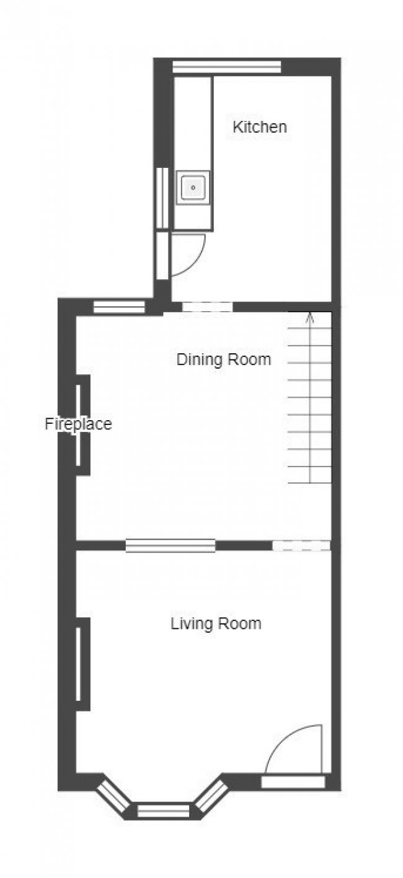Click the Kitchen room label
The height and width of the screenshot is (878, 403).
[x=260, y=127]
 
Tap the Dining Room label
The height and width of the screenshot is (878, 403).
[x=224, y=359]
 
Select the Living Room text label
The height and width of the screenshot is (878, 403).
[x=216, y=623]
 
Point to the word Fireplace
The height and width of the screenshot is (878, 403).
[x=78, y=424]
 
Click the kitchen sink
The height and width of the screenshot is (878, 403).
[x=193, y=187]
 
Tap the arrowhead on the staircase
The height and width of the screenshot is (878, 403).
[x=310, y=317]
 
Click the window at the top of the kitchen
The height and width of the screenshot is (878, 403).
[x=227, y=67]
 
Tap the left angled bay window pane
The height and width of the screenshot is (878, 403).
[x=113, y=796]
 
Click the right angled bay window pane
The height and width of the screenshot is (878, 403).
[x=211, y=795]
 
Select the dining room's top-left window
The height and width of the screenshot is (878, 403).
[x=119, y=307]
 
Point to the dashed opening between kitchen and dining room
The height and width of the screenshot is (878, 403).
[x=207, y=307]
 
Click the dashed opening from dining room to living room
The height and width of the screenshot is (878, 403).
[x=302, y=545]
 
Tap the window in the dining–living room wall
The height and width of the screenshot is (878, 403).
[x=170, y=546]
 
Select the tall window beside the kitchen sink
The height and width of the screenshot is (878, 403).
[x=162, y=198]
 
